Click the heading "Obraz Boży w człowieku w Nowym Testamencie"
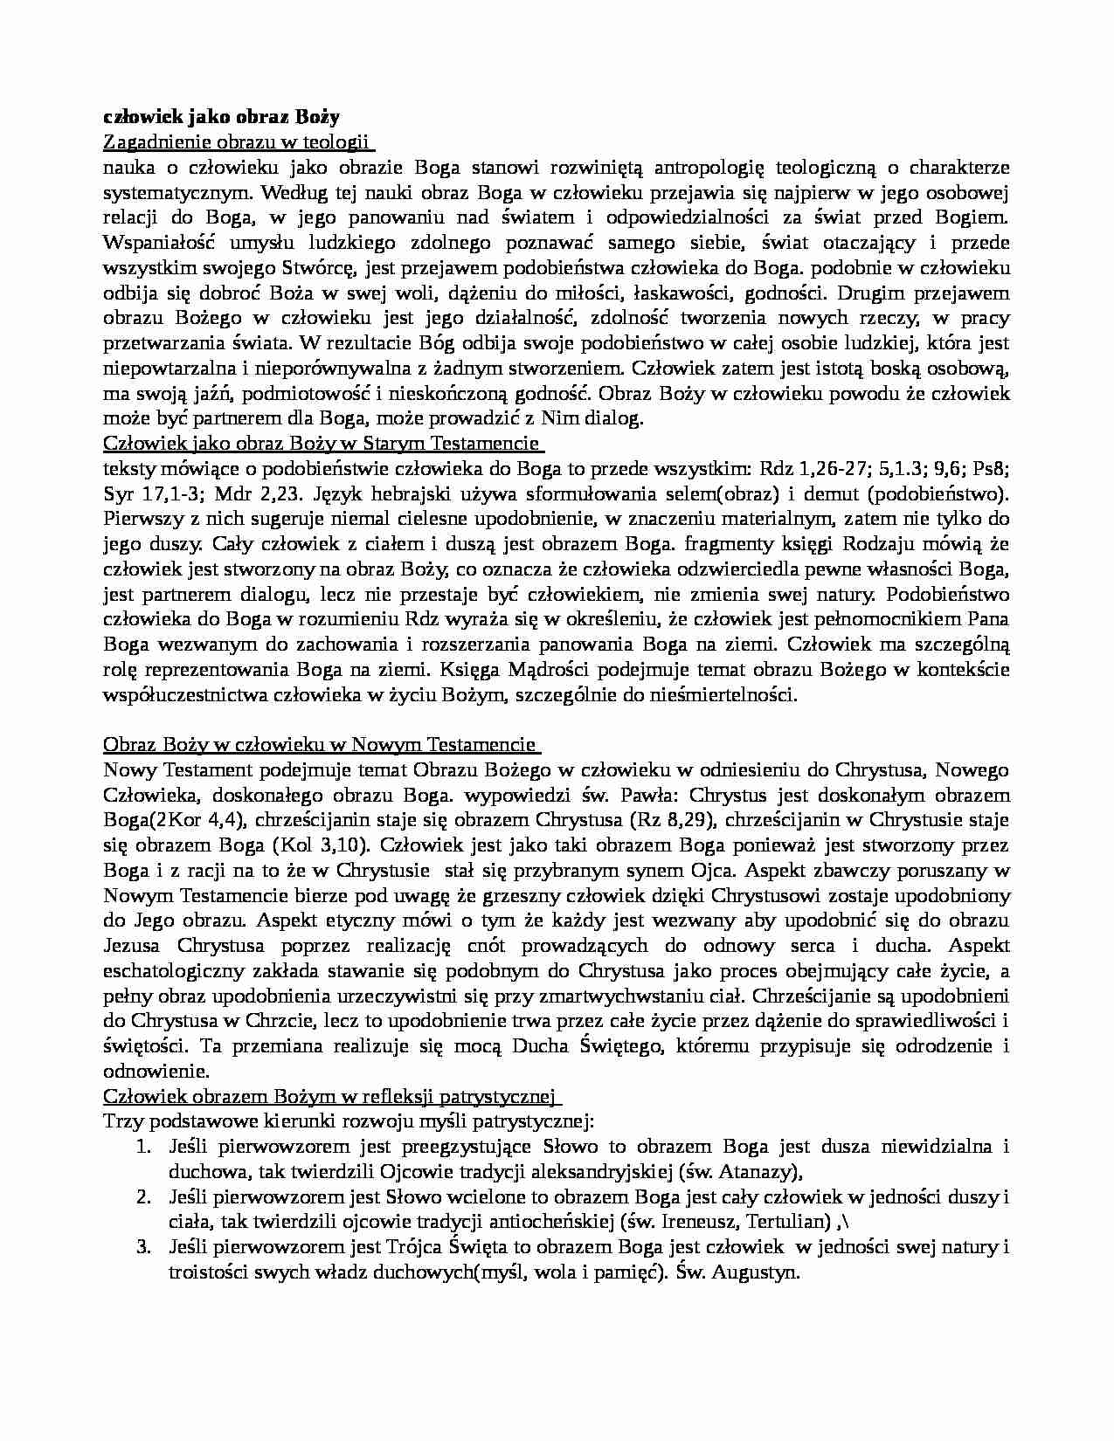click(x=320, y=745)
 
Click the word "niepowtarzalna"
click(x=163, y=368)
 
